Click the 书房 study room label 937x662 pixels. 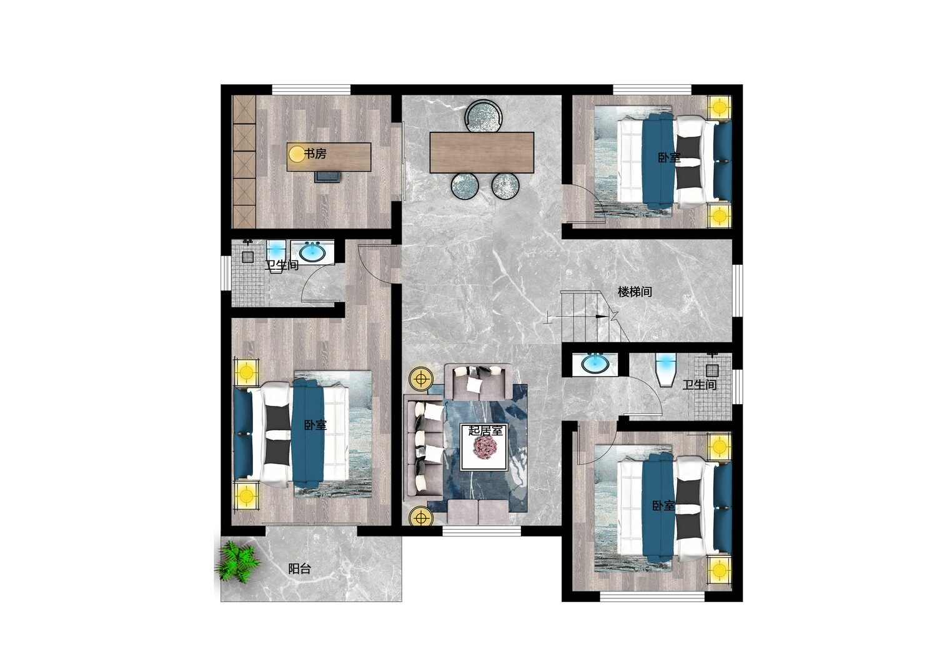point(315,154)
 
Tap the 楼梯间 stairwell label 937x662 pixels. point(635,292)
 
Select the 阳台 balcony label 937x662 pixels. point(299,569)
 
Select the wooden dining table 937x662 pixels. point(482,152)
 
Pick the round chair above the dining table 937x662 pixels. point(483,116)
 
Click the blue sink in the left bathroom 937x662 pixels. point(312,252)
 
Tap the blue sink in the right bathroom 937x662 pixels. point(595,364)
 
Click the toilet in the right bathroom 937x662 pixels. point(665,369)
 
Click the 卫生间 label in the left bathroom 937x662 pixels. point(282,265)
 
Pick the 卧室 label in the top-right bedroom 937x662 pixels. point(669,157)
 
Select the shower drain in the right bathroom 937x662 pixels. point(712,370)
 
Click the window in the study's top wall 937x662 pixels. point(311,89)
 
